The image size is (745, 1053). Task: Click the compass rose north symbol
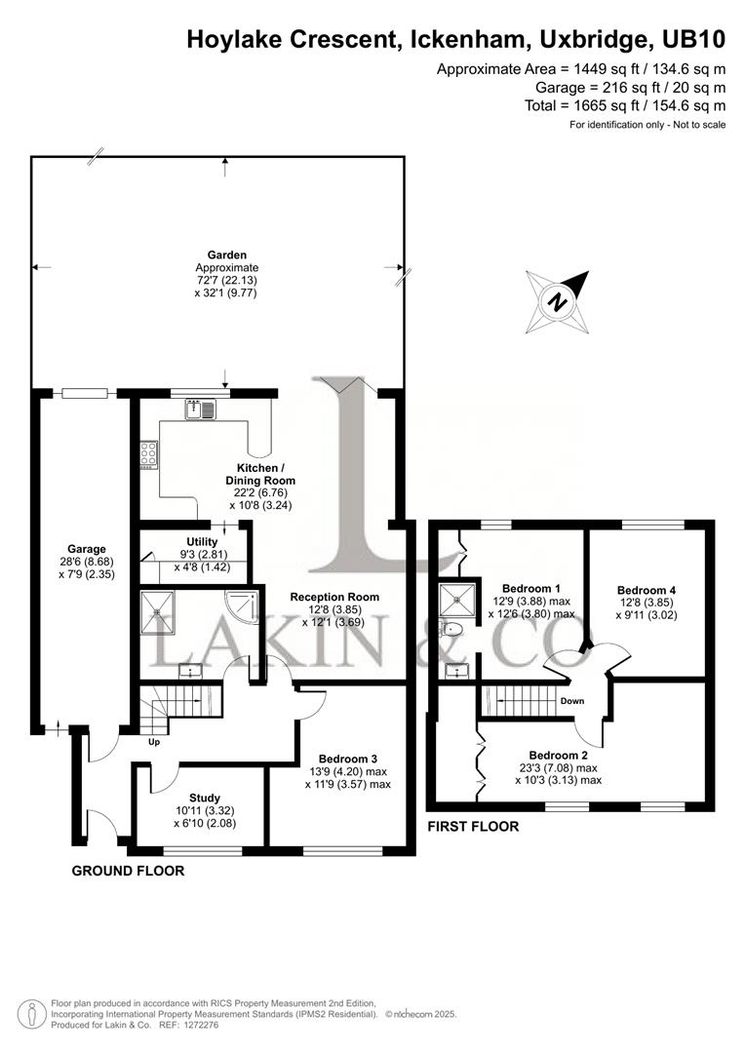[558, 301]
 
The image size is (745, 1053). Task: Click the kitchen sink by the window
[201, 409]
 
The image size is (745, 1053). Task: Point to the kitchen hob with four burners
[149, 454]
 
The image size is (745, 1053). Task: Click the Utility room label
[203, 542]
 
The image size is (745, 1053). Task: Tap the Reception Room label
[334, 597]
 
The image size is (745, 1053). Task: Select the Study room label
[205, 797]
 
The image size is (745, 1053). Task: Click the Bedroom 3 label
[347, 759]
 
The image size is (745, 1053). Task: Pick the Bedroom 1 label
[530, 588]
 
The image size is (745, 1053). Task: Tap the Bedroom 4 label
[647, 590]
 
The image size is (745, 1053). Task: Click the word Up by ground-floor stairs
[153, 741]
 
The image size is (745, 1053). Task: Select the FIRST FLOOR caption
[473, 827]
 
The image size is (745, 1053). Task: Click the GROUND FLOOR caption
[128, 871]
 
